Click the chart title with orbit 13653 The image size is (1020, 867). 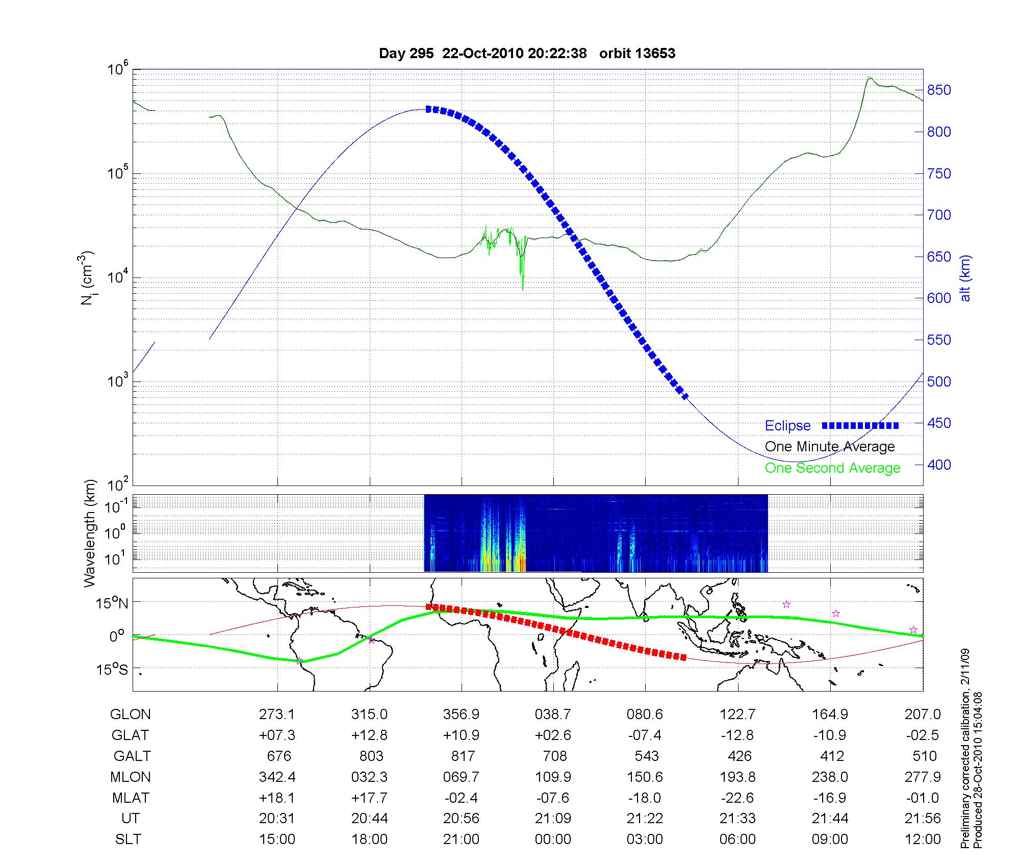pos(527,54)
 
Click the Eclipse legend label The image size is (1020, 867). pos(787,425)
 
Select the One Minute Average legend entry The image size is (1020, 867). pos(830,447)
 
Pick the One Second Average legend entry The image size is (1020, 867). pos(832,468)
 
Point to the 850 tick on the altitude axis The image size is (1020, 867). pos(938,90)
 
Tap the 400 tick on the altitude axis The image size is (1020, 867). pos(938,465)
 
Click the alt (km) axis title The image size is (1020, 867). pos(965,278)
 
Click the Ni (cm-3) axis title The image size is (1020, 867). pos(87,278)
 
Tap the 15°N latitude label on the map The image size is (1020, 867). pos(112,604)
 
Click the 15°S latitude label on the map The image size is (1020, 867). pos(112,669)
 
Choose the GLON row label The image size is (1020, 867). pos(130,715)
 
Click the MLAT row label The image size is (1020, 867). pos(131,798)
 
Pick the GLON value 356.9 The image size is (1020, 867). pos(461,715)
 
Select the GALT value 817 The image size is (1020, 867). pos(463,756)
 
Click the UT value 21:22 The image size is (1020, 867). pos(645,819)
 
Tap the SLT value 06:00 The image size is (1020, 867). pos(737,839)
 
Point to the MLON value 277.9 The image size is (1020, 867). pos(923,777)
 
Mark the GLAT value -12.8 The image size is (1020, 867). pos(737,735)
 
